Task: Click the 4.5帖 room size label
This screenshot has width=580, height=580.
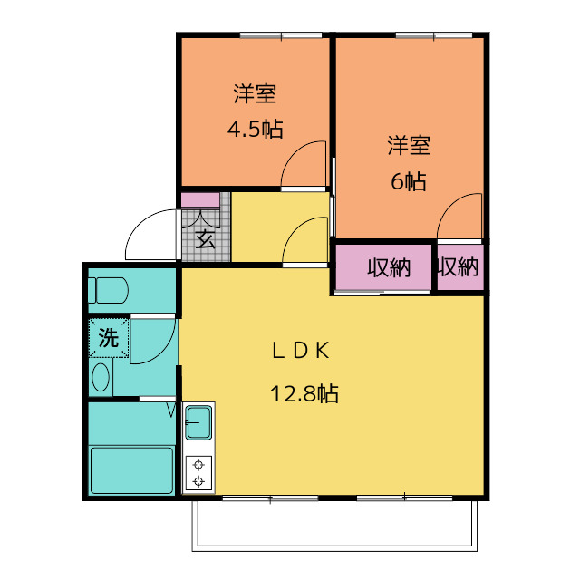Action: click(256, 129)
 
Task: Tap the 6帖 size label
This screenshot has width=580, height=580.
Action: click(409, 181)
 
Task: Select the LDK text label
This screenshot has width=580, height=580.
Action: click(301, 351)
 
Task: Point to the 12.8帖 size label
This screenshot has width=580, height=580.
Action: click(304, 393)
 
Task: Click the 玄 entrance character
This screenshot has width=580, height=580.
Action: click(206, 239)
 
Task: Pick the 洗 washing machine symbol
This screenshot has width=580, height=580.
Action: click(109, 337)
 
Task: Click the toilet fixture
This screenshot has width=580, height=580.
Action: click(108, 290)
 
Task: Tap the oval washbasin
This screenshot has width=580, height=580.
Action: click(101, 377)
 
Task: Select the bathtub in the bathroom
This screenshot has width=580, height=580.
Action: click(131, 470)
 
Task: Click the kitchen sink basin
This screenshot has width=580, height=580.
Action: click(198, 422)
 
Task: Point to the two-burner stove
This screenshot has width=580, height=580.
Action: click(198, 473)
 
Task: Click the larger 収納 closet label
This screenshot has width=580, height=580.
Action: click(389, 267)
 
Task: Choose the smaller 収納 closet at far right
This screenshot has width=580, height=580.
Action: click(460, 266)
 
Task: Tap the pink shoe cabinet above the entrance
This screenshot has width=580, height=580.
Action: click(200, 200)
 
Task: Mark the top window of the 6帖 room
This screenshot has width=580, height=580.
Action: click(434, 35)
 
